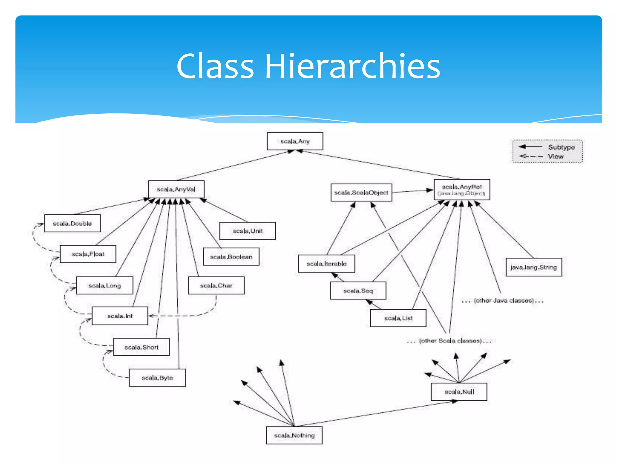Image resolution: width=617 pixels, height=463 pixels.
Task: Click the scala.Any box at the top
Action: (x=295, y=141)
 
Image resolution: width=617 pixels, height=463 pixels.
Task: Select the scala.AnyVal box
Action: (x=176, y=189)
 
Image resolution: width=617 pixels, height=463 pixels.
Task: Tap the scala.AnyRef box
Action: (x=462, y=190)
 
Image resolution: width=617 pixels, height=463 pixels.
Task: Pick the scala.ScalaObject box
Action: (x=361, y=193)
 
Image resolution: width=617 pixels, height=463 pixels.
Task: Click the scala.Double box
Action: (x=72, y=223)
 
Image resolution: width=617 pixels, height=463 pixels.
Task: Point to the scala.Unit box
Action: (x=248, y=231)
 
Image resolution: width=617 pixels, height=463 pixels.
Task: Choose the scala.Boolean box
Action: (x=231, y=257)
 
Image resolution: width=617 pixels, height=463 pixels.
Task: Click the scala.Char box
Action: (x=216, y=285)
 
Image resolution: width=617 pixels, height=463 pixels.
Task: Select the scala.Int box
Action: (x=120, y=316)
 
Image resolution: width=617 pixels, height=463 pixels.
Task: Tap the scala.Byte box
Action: (x=157, y=378)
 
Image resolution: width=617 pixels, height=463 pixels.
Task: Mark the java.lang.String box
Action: (x=534, y=267)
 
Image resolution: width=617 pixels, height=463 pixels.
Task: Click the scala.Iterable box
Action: (x=327, y=264)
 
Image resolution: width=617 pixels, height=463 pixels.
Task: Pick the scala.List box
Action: (x=398, y=318)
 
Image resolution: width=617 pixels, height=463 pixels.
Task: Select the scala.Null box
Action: (x=459, y=392)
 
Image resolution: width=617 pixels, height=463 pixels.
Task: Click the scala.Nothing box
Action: (x=294, y=435)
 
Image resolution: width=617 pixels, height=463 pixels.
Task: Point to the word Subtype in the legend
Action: (x=561, y=147)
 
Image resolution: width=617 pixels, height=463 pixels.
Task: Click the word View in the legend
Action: (x=556, y=156)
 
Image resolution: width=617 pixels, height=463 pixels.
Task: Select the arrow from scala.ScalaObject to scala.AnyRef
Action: (x=413, y=191)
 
